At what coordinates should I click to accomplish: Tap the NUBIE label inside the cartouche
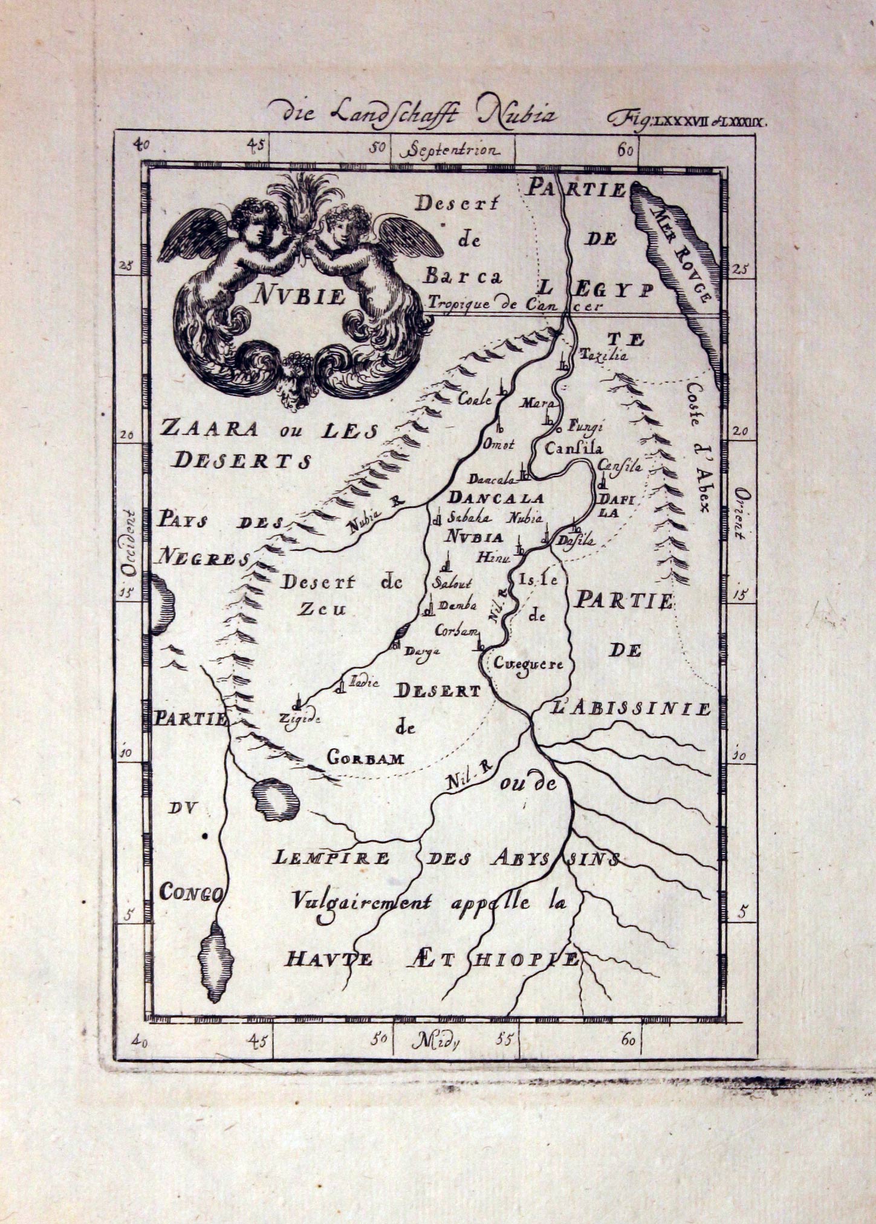299,296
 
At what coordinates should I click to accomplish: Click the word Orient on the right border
741,513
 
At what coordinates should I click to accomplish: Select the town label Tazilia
603,355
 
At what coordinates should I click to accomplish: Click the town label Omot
498,445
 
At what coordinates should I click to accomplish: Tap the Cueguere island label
528,664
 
